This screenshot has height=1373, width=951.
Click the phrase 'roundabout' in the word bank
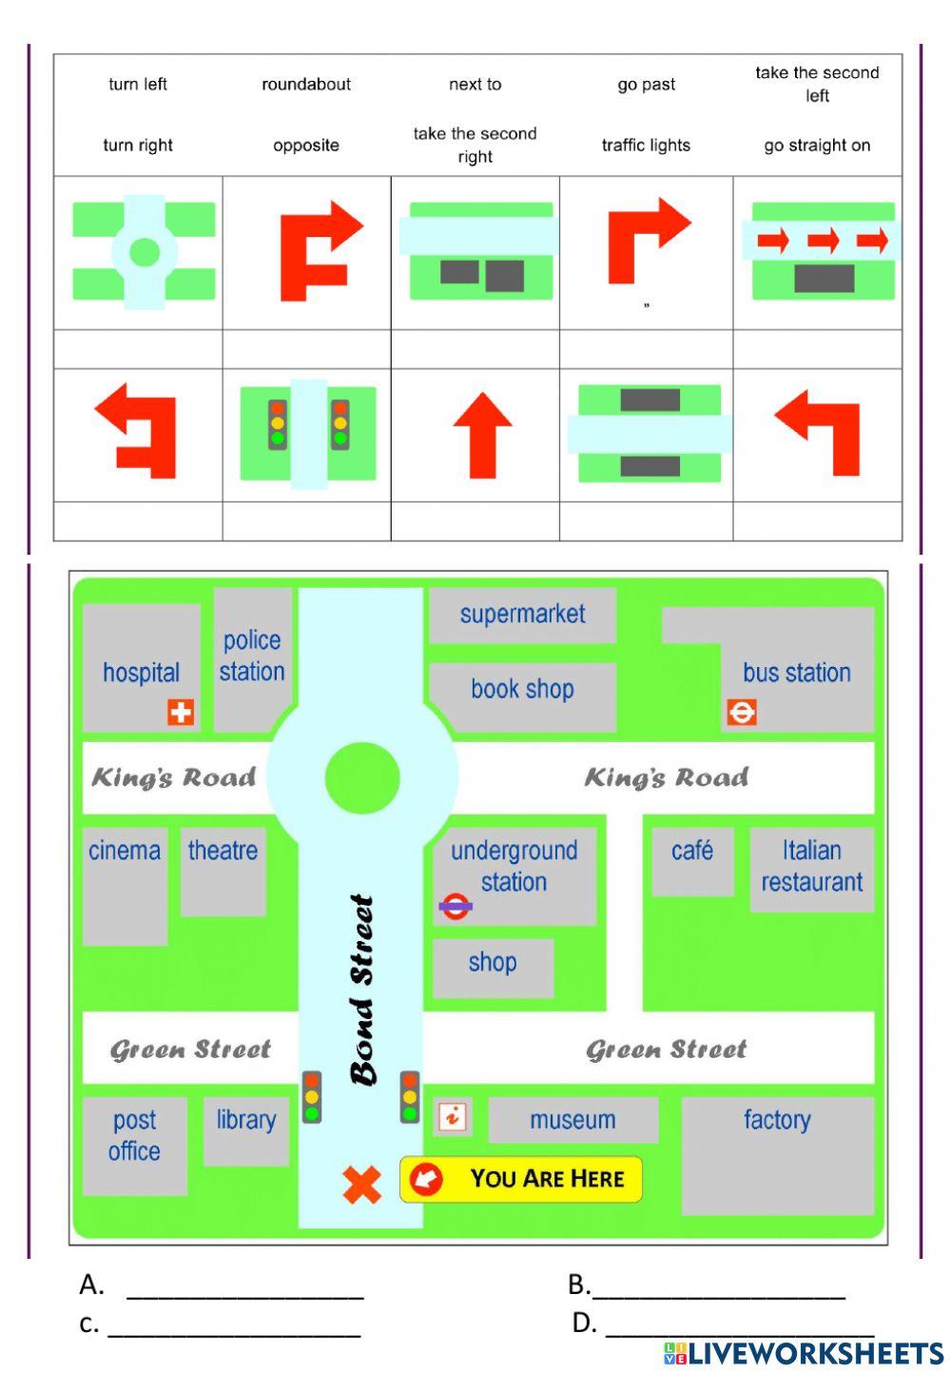coord(306,85)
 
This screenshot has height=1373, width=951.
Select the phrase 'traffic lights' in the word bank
coord(646,146)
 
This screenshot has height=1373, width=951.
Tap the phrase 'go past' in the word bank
coord(646,85)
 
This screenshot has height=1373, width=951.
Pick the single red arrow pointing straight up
coord(482,434)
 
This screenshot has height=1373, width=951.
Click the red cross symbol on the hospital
coord(181,712)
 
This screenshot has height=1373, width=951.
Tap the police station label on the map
coord(252,656)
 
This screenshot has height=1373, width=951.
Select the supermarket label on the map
coord(522,615)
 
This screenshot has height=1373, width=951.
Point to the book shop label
coord(522,689)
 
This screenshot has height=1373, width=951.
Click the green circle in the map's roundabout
coord(361,777)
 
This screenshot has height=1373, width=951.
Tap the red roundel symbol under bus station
coord(742,712)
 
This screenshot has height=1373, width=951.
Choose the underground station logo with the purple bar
coord(456,906)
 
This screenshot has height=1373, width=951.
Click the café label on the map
coord(691,850)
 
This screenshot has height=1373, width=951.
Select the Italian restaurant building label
coord(811,866)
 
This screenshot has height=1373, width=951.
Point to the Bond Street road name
coord(362,990)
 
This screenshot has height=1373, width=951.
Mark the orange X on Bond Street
coord(361,1185)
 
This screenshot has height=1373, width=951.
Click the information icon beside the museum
coord(453,1116)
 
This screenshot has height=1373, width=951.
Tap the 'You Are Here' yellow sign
coord(521,1180)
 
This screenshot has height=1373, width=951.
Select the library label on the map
coord(245,1120)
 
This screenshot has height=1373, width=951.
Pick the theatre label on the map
coord(223,850)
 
